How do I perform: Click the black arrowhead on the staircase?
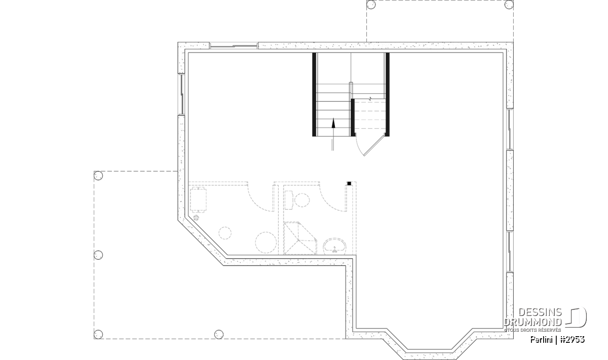pos(333,123)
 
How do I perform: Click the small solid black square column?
pos(349,184)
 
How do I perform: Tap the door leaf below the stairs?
pos(374,146)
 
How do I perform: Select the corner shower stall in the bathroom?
pos(300,238)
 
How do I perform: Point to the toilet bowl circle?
pos(302,200)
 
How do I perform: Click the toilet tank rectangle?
pos(288,200)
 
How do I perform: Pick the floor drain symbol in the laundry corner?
pos(196,218)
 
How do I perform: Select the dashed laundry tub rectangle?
pos(198,199)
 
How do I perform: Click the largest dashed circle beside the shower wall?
pos(265,243)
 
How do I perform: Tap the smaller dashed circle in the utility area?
pos(225,233)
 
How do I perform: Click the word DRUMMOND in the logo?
pos(533,322)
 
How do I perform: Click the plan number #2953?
pos(572,340)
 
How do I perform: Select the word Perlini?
pos(541,340)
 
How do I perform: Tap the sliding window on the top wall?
pos(234,46)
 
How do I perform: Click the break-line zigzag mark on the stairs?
pos(370,98)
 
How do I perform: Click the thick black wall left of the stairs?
pos(314,94)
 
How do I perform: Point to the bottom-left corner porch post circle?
pos(98,334)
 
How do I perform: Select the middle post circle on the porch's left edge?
pos(98,255)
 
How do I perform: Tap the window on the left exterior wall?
pos(181,94)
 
